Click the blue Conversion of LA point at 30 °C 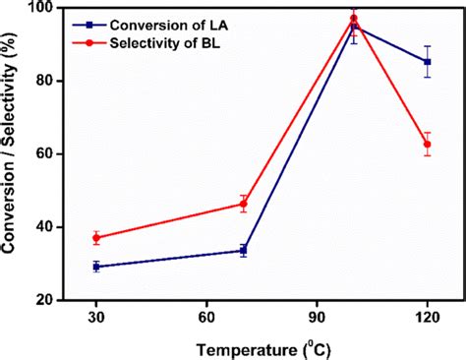95,267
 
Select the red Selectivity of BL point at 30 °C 95,238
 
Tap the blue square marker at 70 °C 243,251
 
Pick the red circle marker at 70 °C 243,205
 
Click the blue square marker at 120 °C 427,62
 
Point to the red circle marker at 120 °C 427,144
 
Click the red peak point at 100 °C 354,18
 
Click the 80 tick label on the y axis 43,82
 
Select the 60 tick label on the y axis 43,154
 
